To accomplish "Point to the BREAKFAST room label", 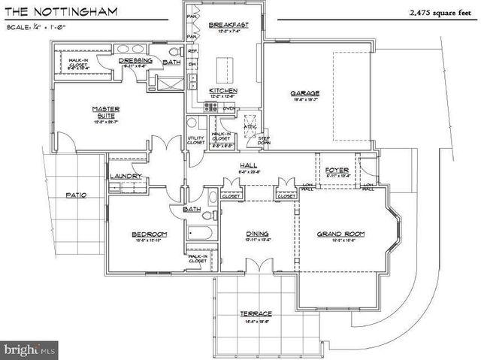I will [x=224, y=25].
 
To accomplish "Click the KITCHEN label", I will [x=223, y=90].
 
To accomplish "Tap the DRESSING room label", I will [x=137, y=61].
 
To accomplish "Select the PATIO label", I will [x=76, y=195].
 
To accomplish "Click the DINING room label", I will [x=258, y=234].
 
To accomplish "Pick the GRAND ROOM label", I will [x=340, y=234].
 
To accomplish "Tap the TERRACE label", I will [x=256, y=313].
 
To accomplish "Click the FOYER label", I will [x=337, y=171].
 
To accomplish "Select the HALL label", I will [x=250, y=165].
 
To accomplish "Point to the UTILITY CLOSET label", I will [x=195, y=140].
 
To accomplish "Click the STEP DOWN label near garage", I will [x=265, y=140].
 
